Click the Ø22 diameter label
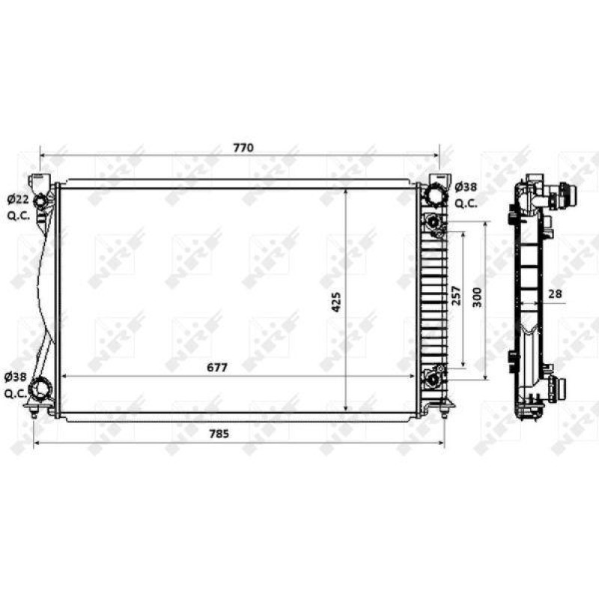(18, 199)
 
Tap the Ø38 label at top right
(466, 187)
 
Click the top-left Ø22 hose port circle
(41, 200)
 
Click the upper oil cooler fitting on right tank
(433, 222)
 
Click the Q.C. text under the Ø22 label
(18, 216)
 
